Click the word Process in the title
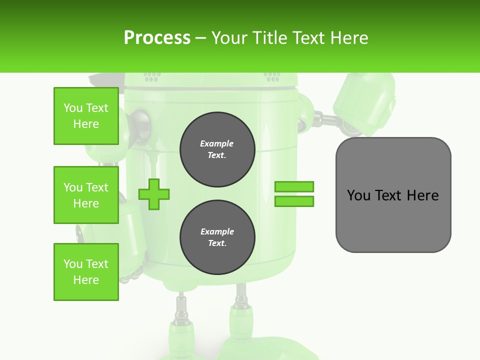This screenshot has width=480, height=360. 157,38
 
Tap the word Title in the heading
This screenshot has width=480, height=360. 268,38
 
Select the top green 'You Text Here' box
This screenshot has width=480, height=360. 86,116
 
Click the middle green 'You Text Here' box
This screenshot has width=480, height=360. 86,195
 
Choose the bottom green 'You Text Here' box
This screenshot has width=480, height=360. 86,272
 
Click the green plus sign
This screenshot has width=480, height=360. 154,194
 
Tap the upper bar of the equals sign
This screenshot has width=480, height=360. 294,187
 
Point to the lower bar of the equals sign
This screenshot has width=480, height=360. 294,201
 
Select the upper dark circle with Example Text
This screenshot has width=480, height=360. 217,149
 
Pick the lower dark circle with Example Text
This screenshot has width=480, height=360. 217,237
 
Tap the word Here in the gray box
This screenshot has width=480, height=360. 422,195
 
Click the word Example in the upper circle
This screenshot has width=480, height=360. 217,143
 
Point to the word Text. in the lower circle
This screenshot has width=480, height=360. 217,243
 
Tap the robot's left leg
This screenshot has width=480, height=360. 181,320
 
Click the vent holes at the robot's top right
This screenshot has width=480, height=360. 272,76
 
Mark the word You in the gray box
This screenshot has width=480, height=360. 358,195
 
